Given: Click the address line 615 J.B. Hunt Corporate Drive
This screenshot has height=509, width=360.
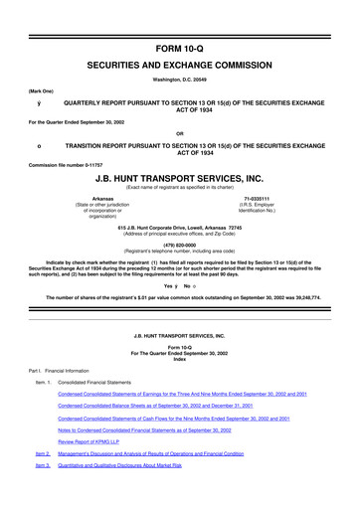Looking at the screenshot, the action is coord(180,228).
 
